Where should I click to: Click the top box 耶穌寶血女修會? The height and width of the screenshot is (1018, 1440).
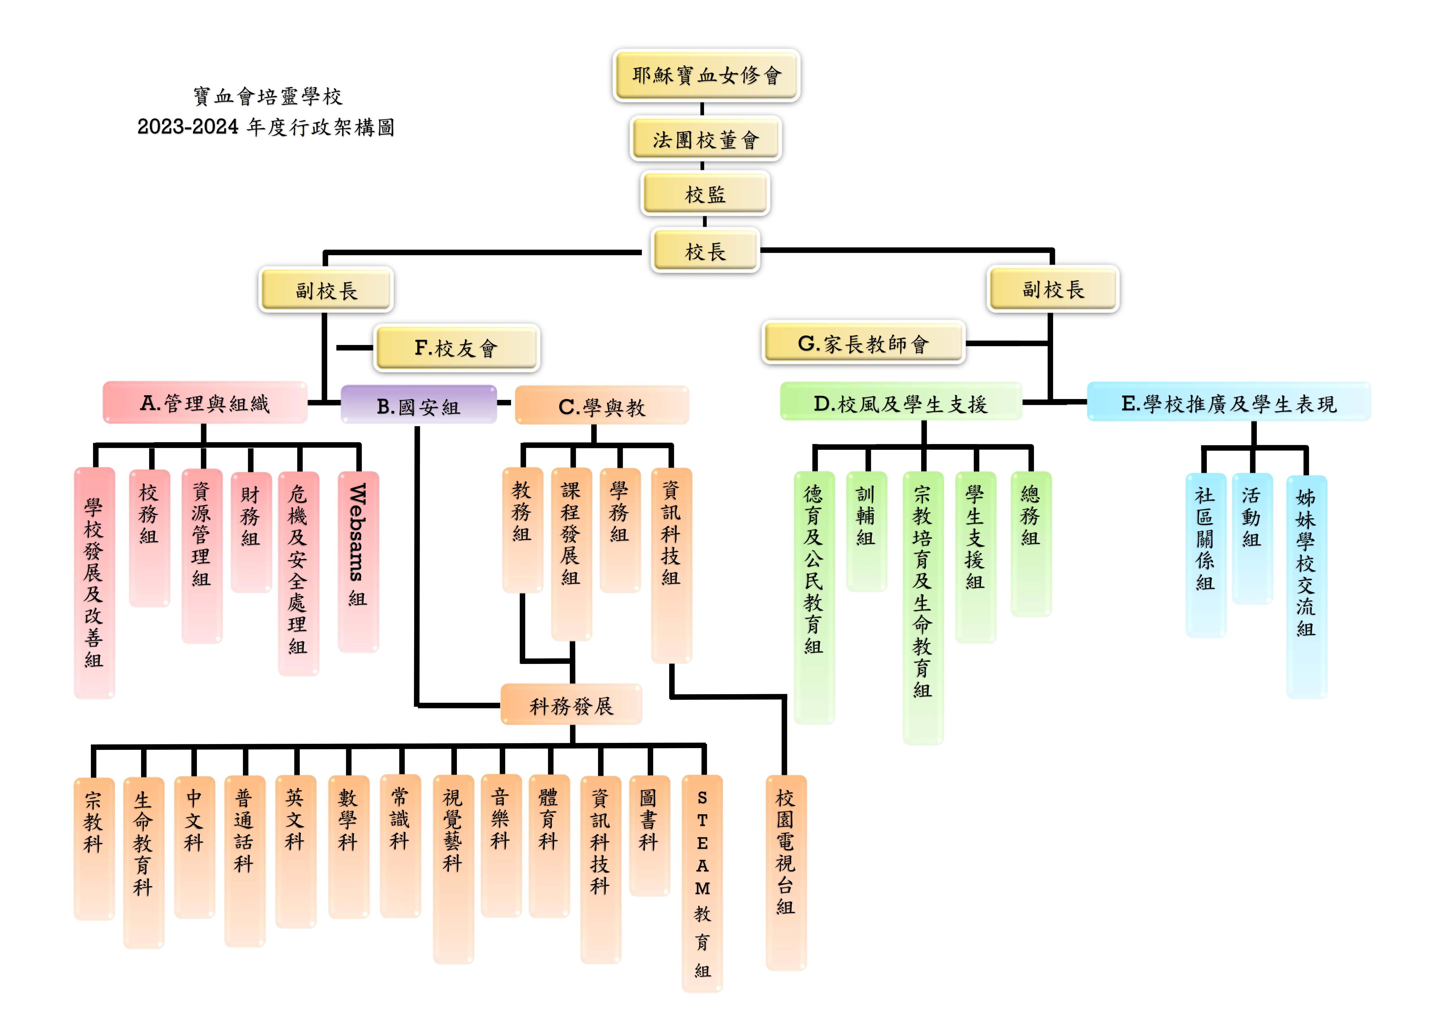(x=706, y=75)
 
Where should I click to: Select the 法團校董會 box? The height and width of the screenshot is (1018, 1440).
(x=705, y=139)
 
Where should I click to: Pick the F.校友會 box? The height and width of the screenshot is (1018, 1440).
(x=456, y=347)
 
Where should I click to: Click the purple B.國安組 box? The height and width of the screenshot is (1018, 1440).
(x=418, y=405)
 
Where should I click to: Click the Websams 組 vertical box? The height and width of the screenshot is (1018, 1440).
(x=358, y=562)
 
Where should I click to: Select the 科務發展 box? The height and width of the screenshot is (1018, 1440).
(x=571, y=705)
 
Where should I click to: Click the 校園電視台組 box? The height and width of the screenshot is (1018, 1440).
(x=786, y=873)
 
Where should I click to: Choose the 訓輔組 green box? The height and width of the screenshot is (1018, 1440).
(x=866, y=531)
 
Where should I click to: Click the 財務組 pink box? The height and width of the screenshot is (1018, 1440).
(x=251, y=532)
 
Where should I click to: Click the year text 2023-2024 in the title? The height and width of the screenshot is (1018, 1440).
(x=187, y=127)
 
